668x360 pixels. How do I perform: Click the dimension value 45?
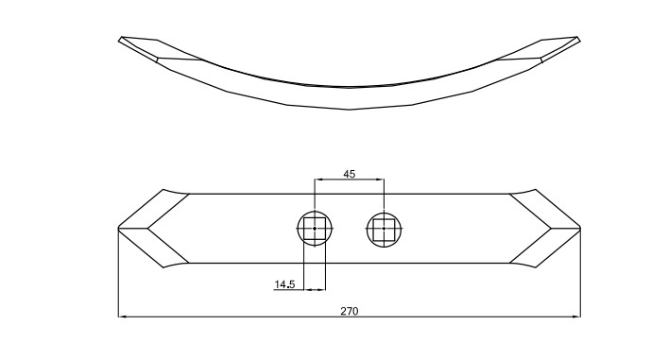pos(349,174)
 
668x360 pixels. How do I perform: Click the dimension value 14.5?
pos(284,284)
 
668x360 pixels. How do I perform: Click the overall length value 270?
pos(350,311)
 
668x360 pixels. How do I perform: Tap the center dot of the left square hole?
pos(315,229)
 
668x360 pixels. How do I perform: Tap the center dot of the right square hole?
pos(384,229)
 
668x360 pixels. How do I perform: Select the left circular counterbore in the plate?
pos(315,213)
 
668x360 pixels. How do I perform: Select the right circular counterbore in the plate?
pos(384,213)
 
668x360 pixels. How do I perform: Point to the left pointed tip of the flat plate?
pos(118,229)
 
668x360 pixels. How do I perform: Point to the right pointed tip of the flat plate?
pos(580,229)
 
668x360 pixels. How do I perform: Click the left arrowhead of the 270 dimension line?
pos(122,317)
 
